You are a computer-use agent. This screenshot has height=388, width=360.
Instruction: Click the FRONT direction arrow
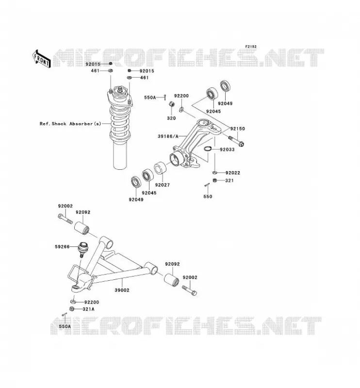point(42,59)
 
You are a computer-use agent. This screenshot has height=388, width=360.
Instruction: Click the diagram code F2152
point(251,47)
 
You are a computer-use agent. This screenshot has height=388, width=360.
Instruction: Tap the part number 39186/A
point(168,136)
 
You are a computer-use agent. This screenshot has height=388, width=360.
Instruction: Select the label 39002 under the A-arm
point(122,290)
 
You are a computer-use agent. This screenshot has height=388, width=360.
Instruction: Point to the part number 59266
point(62,247)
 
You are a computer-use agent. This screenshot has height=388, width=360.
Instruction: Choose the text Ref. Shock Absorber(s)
point(70,124)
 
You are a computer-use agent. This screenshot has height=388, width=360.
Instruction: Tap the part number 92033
point(227,149)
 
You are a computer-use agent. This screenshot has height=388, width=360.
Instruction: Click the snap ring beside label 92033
point(207,149)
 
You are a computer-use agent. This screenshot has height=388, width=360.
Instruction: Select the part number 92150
point(237,129)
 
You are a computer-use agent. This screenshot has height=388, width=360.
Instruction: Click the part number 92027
point(163,185)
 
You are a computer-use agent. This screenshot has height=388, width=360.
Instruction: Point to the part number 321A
point(88,309)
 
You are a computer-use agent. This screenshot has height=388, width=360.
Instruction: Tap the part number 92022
point(233,173)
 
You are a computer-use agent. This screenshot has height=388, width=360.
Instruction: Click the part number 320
point(171,118)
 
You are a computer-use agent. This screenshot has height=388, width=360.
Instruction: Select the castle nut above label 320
point(171,104)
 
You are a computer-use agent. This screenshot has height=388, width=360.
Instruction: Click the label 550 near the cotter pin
point(208,196)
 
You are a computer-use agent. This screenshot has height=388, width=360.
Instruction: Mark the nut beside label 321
point(215,180)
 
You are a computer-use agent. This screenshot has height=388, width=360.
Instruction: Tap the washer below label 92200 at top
point(181,109)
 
